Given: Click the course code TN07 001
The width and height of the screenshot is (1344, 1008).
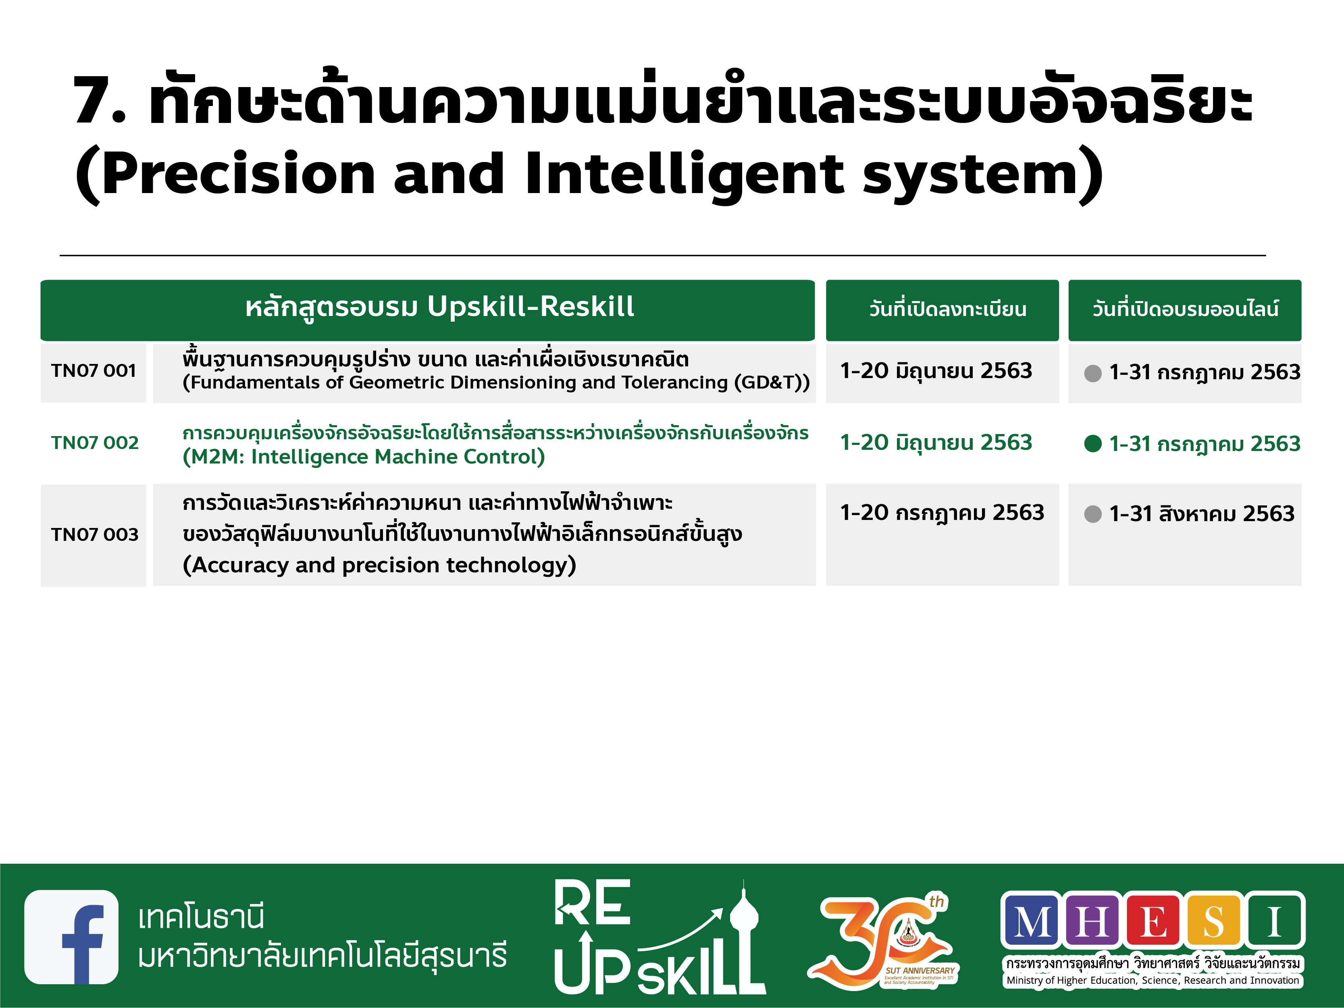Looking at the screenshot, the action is (94, 371).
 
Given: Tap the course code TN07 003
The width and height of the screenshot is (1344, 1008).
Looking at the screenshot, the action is (95, 535).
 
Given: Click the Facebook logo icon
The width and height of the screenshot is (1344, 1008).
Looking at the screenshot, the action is (72, 937).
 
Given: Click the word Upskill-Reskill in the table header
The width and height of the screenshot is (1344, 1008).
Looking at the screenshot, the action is (531, 306).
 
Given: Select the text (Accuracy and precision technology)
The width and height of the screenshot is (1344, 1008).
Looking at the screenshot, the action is (380, 565).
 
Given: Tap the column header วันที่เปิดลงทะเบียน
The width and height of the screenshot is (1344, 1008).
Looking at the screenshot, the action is (948, 309).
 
